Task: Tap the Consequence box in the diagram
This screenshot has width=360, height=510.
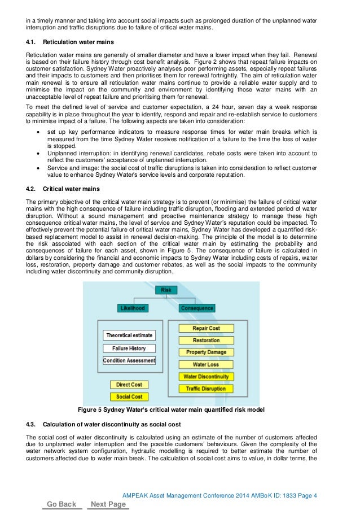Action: tap(196, 308)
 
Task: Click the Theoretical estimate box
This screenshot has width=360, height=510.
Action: tap(129, 335)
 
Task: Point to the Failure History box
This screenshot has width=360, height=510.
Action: tap(129, 348)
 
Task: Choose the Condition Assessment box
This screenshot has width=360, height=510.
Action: tap(129, 361)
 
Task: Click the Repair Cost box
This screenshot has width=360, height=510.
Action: tap(206, 328)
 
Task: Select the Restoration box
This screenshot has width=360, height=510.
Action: tap(206, 341)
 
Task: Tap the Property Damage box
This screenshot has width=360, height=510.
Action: tap(206, 352)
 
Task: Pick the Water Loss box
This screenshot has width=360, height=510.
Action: tap(206, 365)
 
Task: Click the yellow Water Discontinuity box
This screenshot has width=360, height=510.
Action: tap(206, 377)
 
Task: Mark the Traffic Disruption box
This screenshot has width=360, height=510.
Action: tap(206, 389)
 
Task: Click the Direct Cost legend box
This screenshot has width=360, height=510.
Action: tap(129, 385)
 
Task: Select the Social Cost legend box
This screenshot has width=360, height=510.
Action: tap(129, 397)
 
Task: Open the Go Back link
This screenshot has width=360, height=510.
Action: tap(62, 504)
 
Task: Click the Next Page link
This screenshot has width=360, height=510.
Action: tap(108, 504)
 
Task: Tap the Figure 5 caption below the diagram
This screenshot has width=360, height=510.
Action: tap(170, 409)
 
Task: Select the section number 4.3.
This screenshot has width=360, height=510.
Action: tap(32, 424)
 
